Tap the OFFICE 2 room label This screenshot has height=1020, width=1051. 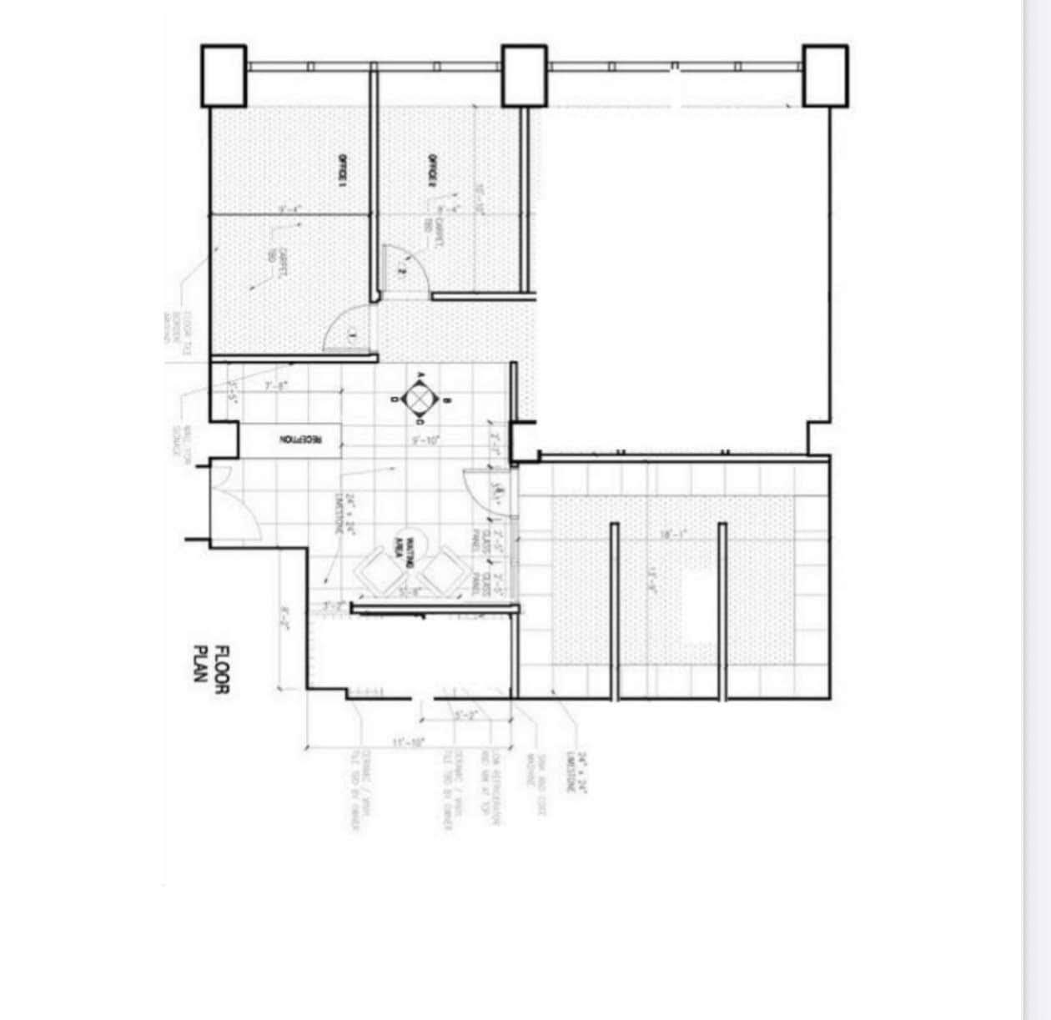pos(432,170)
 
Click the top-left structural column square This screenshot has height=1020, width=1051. pos(224,76)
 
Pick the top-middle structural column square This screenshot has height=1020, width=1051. pos(524,76)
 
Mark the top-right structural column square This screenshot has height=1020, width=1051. pos(825,76)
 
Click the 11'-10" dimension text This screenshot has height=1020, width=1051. pos(409,741)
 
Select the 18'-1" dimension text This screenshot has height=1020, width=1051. pos(672,535)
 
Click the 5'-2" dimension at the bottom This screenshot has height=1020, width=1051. pos(465,716)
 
